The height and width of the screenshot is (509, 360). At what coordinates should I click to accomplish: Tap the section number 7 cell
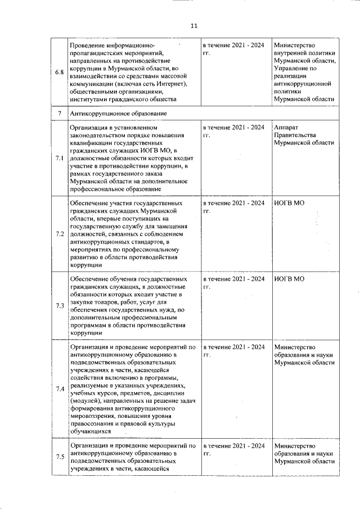(x=59, y=114)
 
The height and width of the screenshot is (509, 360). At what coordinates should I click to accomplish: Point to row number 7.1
(x=59, y=159)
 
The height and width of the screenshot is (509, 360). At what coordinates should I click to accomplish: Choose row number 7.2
(x=59, y=233)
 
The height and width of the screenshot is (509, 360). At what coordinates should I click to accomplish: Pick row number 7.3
(x=59, y=305)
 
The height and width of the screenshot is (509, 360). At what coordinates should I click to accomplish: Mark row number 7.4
(x=59, y=389)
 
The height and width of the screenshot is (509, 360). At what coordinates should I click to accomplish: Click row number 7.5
(x=59, y=456)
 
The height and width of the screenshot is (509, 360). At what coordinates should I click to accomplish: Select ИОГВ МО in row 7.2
(x=289, y=202)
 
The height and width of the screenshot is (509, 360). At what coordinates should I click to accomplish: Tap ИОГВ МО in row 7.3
(x=289, y=278)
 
